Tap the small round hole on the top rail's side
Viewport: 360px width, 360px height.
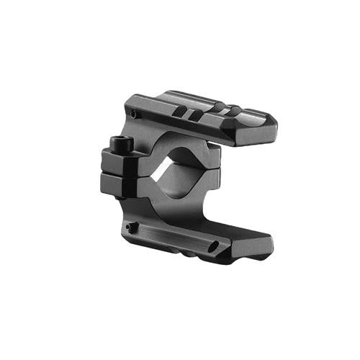[134, 114]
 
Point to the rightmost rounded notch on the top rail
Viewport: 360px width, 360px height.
[234, 111]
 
